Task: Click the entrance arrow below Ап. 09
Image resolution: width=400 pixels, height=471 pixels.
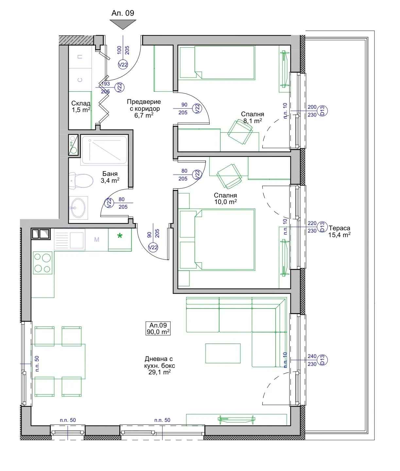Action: (x=123, y=24)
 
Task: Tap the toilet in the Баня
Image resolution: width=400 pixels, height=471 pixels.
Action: (x=81, y=181)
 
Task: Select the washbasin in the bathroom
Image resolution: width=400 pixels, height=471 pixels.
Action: (x=78, y=208)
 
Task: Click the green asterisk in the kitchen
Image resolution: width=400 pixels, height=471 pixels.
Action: (x=120, y=236)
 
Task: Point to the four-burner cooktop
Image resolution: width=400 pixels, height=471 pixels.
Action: (x=43, y=263)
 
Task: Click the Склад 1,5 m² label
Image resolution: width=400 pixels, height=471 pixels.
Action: (x=81, y=107)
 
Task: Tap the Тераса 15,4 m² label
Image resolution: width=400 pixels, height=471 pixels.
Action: (x=339, y=231)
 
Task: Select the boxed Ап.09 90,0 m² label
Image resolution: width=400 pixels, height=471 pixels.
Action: (x=158, y=328)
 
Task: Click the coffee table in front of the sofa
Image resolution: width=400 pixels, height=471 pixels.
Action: (x=223, y=353)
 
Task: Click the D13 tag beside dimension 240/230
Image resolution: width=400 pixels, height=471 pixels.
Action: (x=322, y=360)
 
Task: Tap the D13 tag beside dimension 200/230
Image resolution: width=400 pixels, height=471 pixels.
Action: (x=322, y=111)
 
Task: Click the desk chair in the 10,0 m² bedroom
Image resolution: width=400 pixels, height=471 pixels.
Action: (x=229, y=176)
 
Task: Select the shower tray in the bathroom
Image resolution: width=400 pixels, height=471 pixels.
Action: (x=104, y=150)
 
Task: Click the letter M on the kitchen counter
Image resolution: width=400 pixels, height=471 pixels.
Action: (x=97, y=239)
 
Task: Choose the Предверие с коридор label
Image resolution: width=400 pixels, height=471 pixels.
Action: (x=144, y=108)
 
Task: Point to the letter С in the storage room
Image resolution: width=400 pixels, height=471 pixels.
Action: (x=80, y=80)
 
